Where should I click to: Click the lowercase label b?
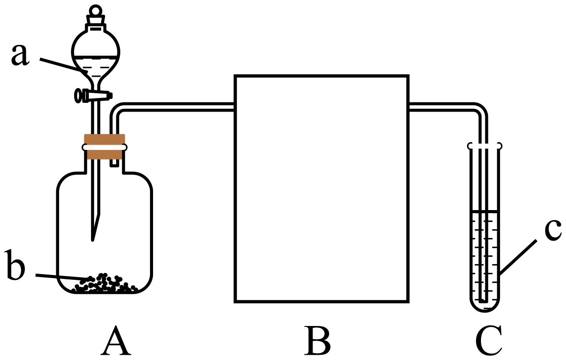tap(18, 271)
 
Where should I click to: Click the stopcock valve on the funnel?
tap(93, 95)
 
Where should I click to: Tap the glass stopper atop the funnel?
tap(95, 17)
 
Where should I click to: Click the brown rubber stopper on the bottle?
tap(105, 147)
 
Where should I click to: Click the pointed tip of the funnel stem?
tap(93, 238)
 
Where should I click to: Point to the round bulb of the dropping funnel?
tap(95, 54)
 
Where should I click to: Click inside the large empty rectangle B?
tap(321, 188)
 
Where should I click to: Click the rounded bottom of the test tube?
tap(484, 306)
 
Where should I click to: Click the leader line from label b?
tap(61, 276)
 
